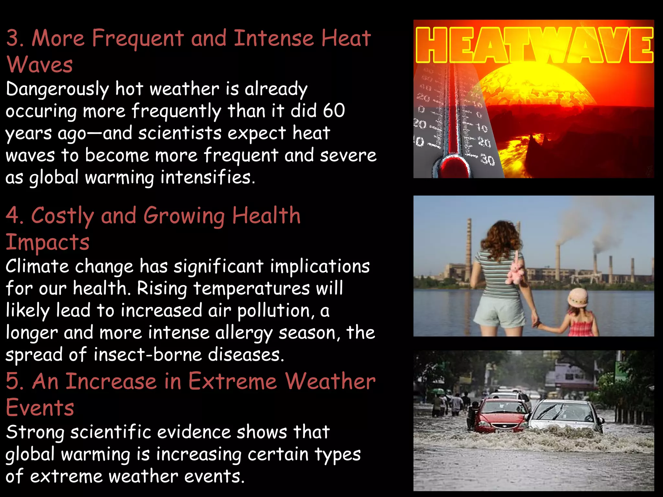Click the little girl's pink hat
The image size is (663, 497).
coord(578,297)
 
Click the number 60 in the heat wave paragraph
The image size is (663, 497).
coord(334,111)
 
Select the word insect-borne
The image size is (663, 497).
coord(147,355)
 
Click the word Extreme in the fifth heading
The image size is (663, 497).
coord(232,381)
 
